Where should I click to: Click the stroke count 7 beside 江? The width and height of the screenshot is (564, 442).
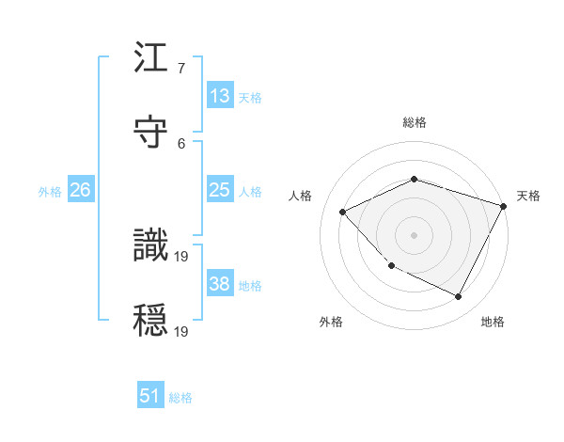click(181, 70)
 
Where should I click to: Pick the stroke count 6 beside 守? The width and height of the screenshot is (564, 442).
click(181, 143)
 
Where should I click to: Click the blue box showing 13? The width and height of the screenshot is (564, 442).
click(220, 96)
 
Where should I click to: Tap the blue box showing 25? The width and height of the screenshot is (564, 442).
click(220, 190)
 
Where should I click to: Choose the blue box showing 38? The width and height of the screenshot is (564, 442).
click(220, 284)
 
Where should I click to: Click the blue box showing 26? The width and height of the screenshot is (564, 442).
click(80, 190)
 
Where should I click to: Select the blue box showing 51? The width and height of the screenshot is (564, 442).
click(150, 396)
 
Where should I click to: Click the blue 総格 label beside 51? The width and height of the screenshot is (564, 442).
click(180, 398)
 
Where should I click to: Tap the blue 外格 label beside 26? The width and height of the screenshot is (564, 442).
click(50, 192)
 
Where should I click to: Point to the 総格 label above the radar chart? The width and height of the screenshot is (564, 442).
click(414, 122)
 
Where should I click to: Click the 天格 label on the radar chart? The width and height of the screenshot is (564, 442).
click(528, 196)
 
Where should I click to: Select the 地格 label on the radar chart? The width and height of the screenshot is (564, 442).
click(493, 322)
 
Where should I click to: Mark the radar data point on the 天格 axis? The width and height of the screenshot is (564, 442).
click(504, 205)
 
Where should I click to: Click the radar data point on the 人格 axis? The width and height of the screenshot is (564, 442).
click(343, 212)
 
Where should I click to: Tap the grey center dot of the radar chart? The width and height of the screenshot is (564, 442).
click(414, 234)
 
